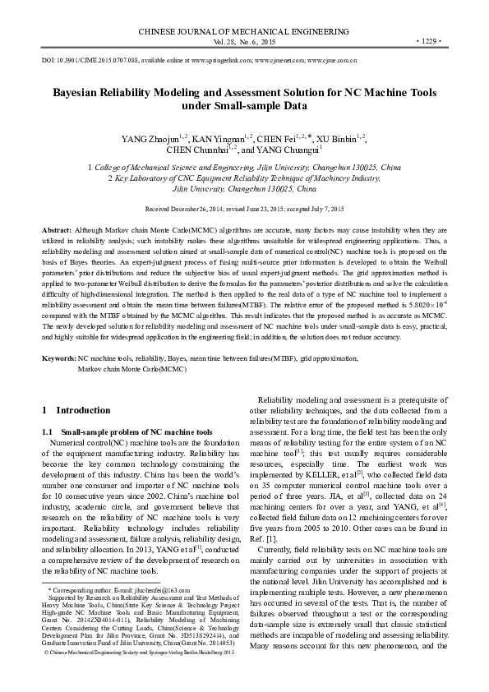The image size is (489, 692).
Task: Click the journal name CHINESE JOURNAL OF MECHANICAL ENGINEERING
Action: [x=244, y=31]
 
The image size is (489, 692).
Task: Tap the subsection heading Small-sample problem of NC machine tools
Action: [x=136, y=431]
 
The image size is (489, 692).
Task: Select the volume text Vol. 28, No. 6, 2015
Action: [x=244, y=40]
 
